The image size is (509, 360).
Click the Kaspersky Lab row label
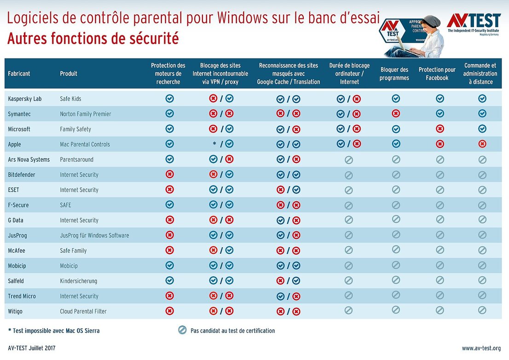(x=24, y=99)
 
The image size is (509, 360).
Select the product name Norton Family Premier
(x=85, y=114)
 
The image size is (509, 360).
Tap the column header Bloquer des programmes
(x=394, y=74)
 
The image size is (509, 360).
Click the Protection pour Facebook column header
(x=437, y=74)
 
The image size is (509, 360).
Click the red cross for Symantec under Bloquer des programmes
(x=395, y=114)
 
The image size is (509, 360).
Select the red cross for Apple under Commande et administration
(x=482, y=144)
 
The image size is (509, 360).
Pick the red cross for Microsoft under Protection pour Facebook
(x=440, y=129)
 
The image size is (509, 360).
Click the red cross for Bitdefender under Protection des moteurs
(x=169, y=174)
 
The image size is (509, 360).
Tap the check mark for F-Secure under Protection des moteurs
(x=169, y=204)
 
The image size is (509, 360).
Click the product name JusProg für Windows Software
(x=94, y=236)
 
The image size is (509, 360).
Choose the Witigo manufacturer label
(x=15, y=312)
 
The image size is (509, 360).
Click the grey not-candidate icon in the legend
(x=183, y=330)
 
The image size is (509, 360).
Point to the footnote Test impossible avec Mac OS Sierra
(x=54, y=331)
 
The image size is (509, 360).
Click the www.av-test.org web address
(x=481, y=348)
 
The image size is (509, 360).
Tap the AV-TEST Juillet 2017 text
(x=32, y=348)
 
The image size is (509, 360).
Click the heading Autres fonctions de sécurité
(x=93, y=39)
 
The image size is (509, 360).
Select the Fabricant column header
(x=19, y=74)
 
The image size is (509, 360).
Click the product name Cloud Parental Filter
(x=83, y=312)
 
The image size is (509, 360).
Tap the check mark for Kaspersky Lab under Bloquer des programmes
(x=395, y=99)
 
